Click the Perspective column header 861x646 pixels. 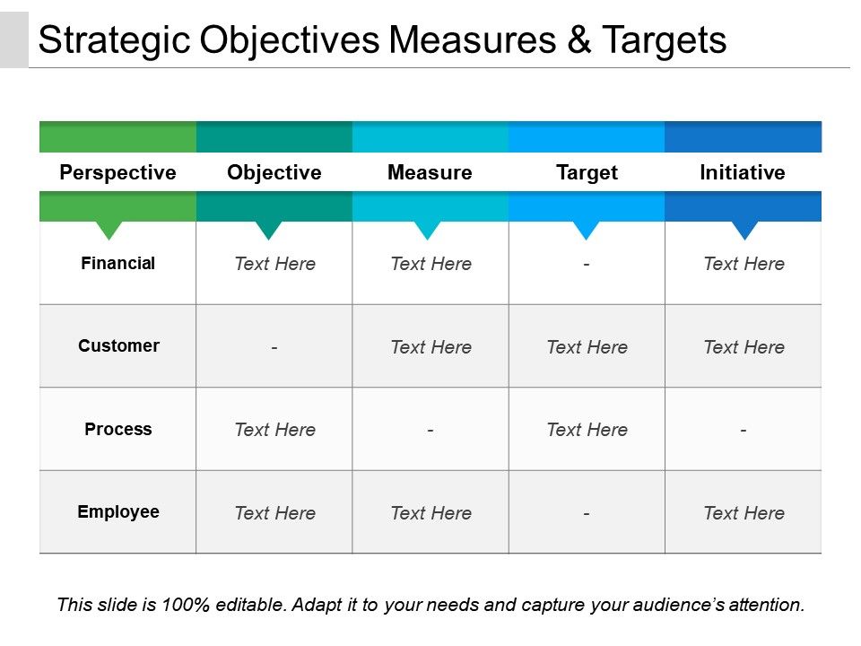(x=117, y=172)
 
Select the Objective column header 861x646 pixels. (x=274, y=172)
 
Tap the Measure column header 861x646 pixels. (x=430, y=172)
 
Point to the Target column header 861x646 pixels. (x=587, y=172)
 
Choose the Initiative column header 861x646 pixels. (x=743, y=172)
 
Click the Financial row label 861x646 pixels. (x=117, y=264)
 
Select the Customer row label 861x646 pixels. (x=118, y=346)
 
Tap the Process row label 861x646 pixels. (x=118, y=430)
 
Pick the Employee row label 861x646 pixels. (x=118, y=512)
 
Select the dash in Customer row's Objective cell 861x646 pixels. (x=274, y=347)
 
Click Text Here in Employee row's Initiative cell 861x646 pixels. (x=744, y=513)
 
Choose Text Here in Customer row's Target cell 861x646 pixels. (x=587, y=347)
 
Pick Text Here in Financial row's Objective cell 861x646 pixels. (x=274, y=264)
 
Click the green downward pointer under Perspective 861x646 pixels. (x=109, y=230)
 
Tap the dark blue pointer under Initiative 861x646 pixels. (x=744, y=230)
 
